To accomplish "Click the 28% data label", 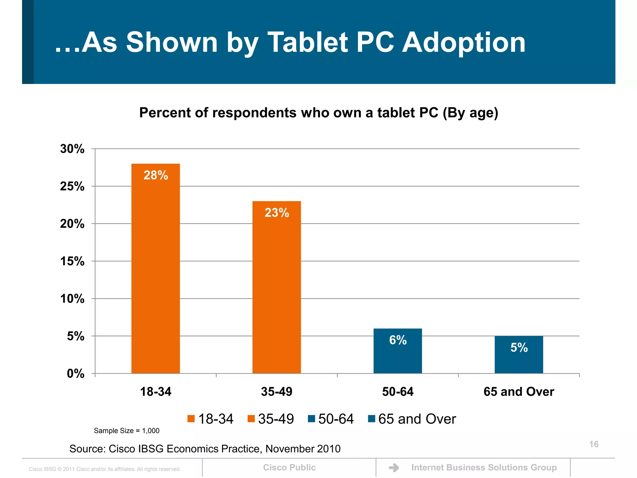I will tap(156, 175).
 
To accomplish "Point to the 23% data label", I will tap(277, 213).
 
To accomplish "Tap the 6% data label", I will tap(398, 340).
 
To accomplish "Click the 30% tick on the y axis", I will tap(72, 149).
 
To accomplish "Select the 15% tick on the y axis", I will tap(72, 261).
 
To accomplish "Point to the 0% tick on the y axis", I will tap(76, 374).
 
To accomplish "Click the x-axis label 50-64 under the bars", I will tap(398, 391).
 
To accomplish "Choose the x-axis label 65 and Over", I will tap(519, 391).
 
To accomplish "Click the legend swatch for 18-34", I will tap(191, 419).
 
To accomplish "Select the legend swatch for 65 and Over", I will tap(371, 419).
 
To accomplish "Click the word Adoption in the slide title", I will tap(463, 43).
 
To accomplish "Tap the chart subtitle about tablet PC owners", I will tap(318, 113).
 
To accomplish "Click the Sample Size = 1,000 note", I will tap(127, 431).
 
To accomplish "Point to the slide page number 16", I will tap(594, 444).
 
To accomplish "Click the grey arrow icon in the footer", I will tap(394, 468).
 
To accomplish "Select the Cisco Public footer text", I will tap(289, 467).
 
